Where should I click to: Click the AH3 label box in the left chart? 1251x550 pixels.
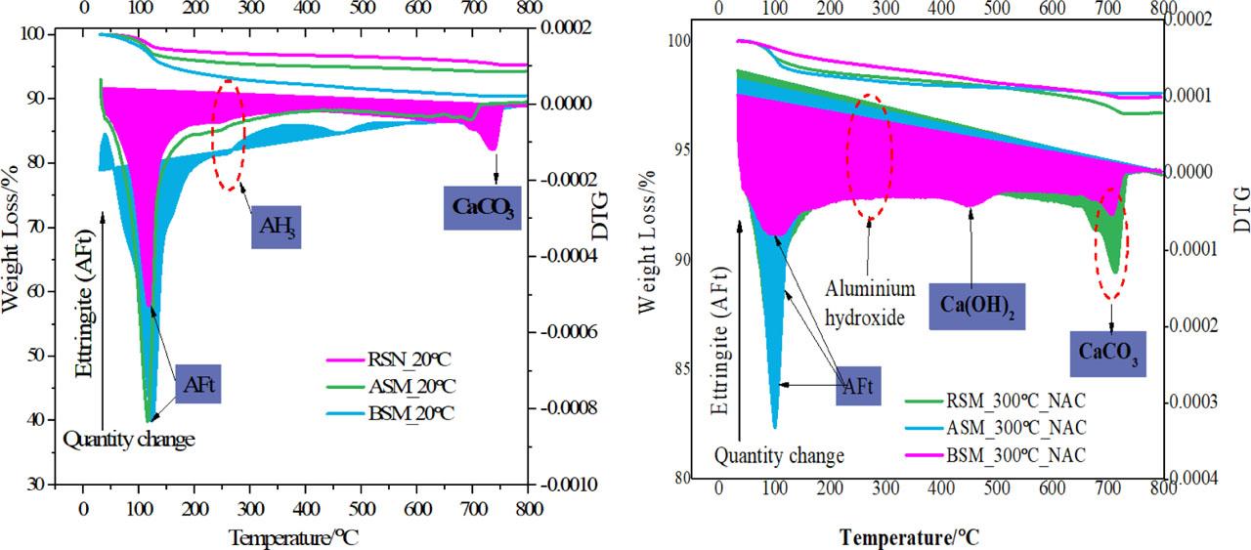click(276, 226)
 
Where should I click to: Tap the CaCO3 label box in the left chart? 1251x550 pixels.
click(483, 207)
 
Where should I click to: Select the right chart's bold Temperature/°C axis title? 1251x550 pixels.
click(909, 537)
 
